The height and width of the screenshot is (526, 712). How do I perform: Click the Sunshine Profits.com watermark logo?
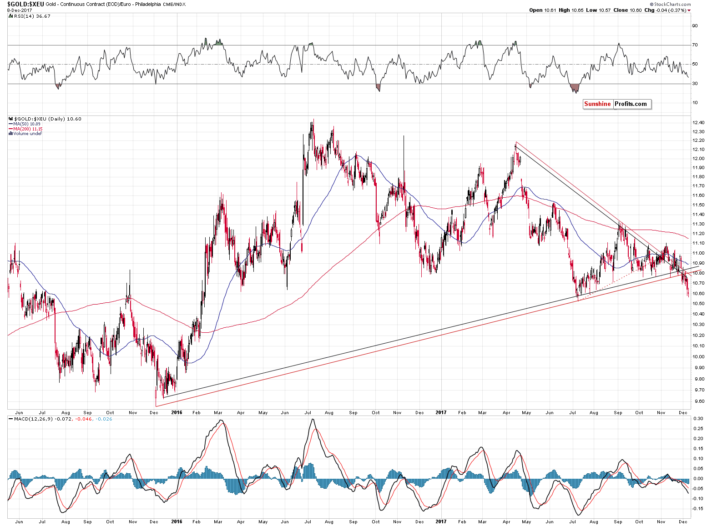tap(616, 104)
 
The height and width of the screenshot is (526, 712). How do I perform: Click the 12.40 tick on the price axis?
tap(698, 123)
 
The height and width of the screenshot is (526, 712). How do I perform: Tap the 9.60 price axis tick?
tap(698, 401)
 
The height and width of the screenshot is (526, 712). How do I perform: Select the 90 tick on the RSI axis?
tap(695, 26)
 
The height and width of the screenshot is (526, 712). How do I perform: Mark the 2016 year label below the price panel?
tap(177, 413)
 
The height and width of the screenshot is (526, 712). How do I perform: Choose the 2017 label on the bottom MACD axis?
tap(440, 521)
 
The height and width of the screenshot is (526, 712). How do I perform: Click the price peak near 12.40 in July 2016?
tap(312, 121)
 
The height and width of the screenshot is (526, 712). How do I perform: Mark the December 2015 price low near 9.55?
tap(156, 405)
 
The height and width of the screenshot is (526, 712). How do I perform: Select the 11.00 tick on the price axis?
tap(698, 253)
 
